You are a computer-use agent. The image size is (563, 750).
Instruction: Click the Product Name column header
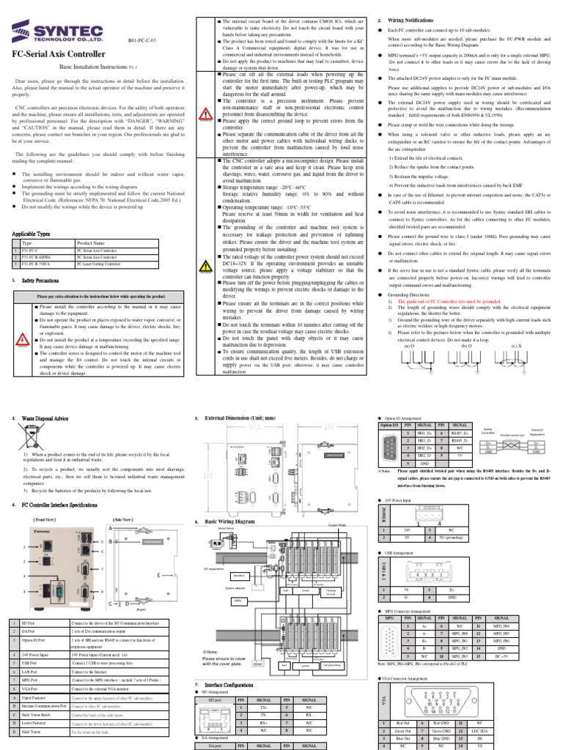(92, 242)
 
